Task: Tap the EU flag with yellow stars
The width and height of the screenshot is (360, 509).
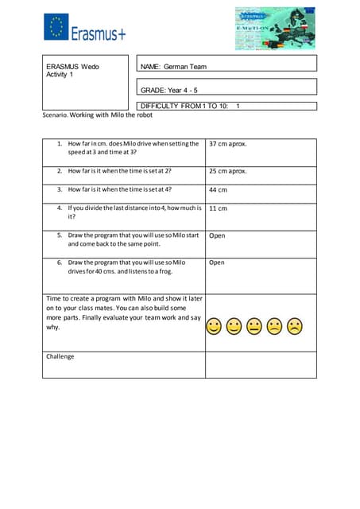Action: (x=56, y=28)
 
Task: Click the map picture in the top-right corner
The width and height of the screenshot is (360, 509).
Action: (x=275, y=29)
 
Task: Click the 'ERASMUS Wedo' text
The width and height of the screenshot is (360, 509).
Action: (x=72, y=66)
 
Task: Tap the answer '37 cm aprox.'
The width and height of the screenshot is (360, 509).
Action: (x=228, y=145)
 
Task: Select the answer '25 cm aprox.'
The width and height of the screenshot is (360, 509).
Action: (x=228, y=171)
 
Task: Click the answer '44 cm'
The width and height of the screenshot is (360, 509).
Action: (x=218, y=190)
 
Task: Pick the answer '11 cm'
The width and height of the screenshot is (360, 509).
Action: (x=218, y=208)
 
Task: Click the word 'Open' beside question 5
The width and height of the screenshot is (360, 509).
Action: (x=217, y=235)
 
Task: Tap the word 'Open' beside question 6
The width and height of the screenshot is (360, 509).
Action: (x=217, y=262)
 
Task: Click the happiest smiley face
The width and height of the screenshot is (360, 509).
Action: (x=213, y=326)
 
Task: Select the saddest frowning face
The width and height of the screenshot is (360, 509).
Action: (x=295, y=326)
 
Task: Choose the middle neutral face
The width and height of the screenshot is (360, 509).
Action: (x=254, y=326)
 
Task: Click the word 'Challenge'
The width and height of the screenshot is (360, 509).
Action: (x=60, y=356)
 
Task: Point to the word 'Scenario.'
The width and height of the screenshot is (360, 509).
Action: (x=55, y=115)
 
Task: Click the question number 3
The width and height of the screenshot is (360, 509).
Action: (x=60, y=190)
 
